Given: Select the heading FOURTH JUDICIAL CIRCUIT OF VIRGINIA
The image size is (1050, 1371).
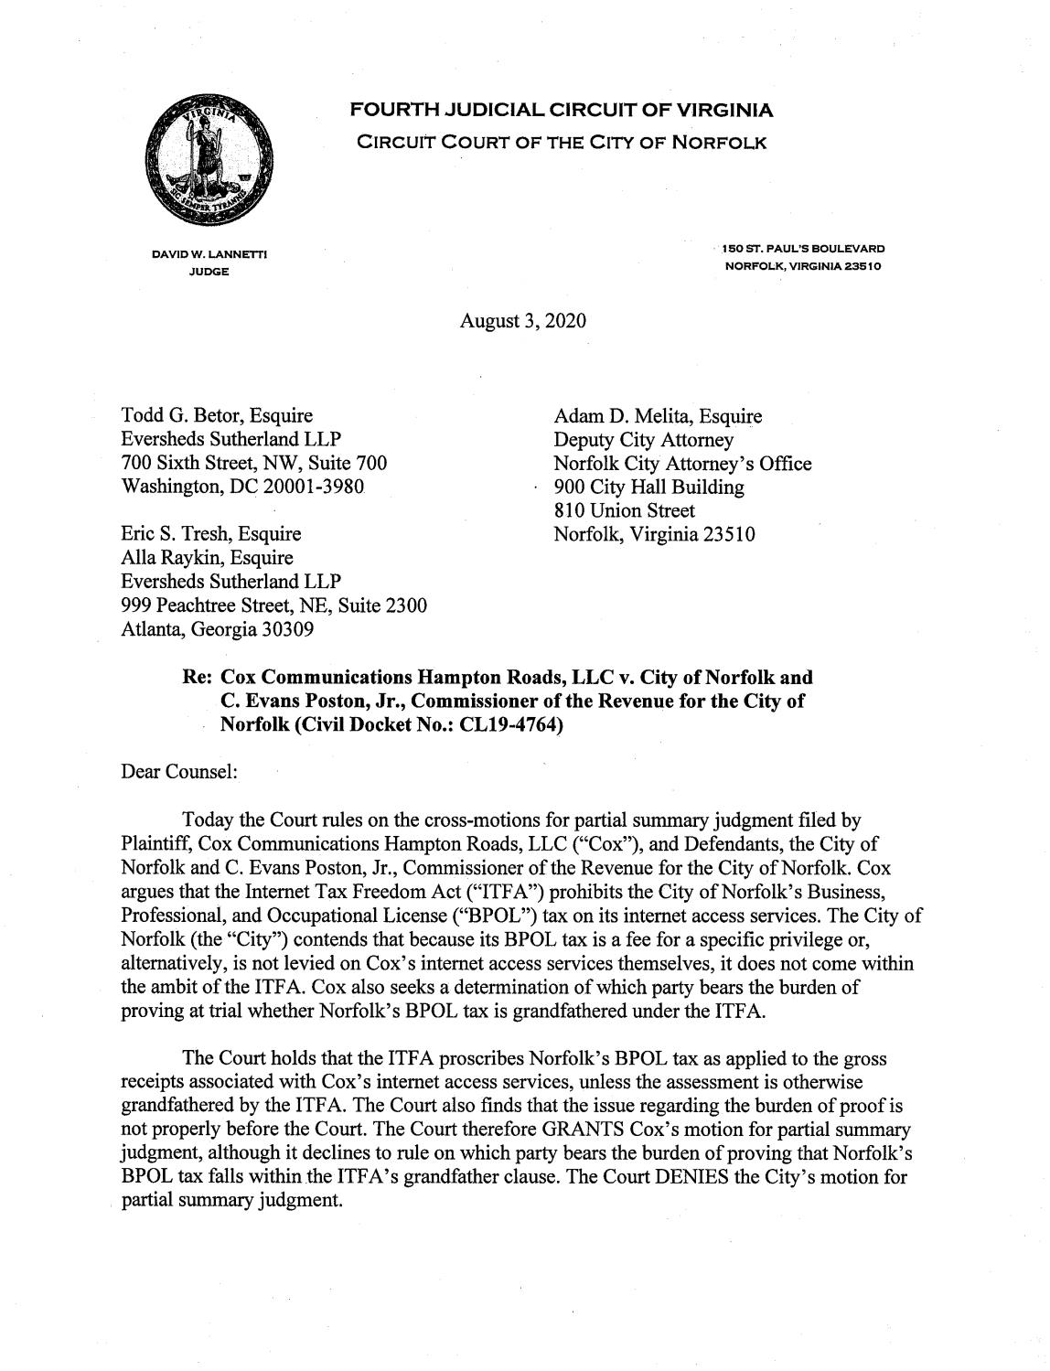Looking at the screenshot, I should tap(562, 112).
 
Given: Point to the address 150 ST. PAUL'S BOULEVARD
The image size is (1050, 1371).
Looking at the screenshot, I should tap(802, 249).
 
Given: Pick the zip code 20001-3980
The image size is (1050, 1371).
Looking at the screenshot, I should tap(315, 487).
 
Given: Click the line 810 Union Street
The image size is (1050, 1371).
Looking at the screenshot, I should tap(625, 510).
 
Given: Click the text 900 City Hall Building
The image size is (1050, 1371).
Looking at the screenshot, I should tap(649, 487).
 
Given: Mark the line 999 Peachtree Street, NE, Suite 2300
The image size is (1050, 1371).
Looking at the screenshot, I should tap(274, 605).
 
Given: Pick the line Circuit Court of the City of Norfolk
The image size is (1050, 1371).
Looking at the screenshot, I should tap(561, 144).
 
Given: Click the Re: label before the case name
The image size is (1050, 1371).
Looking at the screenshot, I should tap(198, 679).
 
